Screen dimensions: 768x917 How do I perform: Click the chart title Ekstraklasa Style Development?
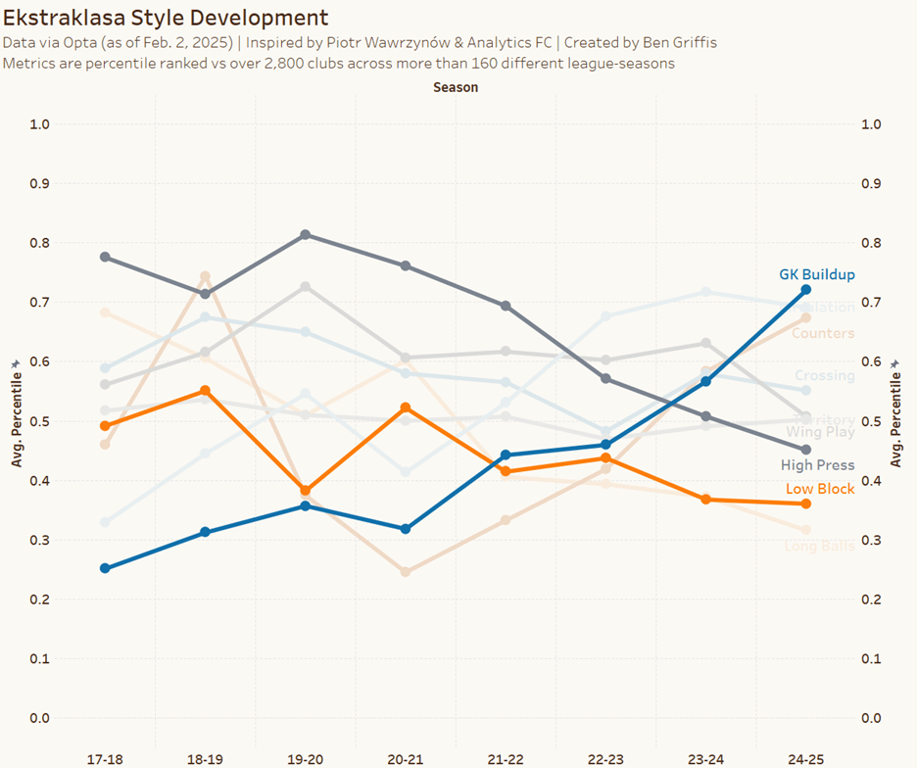166,18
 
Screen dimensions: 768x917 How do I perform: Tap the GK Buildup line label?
816,275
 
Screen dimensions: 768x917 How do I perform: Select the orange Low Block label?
819,489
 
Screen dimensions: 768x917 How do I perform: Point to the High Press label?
817,465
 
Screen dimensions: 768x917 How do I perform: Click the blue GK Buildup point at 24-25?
805,290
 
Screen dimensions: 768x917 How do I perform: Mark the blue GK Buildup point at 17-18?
105,568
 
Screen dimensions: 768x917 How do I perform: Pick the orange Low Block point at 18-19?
205,391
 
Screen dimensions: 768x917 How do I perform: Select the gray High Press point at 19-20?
306,235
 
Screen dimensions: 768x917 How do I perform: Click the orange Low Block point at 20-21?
406,408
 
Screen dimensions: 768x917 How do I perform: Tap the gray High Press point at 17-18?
105,257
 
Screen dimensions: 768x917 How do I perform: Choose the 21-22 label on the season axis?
506,759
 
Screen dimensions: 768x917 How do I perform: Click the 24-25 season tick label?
805,759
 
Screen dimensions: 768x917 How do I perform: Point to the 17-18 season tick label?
105,759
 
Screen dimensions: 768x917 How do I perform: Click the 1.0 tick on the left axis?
39,124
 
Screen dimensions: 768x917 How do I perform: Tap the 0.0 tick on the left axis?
39,718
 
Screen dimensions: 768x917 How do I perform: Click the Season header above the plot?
456,87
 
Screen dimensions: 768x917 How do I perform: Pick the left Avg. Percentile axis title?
17,421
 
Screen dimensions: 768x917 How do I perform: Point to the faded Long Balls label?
819,546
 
